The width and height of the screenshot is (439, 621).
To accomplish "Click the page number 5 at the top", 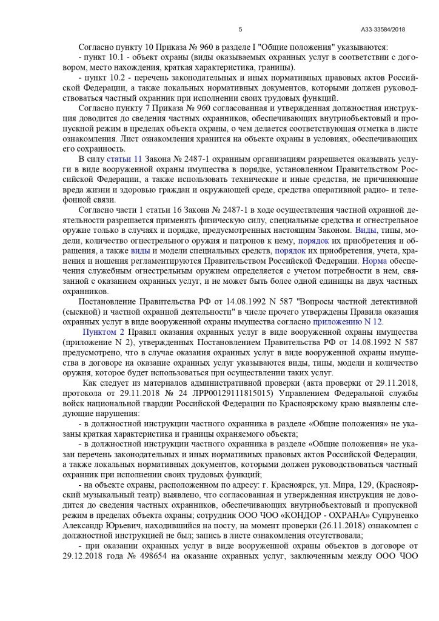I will pyautogui.click(x=240, y=29).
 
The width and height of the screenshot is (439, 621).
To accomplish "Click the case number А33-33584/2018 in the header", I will pyautogui.click(x=383, y=29).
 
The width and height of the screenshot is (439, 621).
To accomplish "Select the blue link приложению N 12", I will pyautogui.click(x=347, y=321).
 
